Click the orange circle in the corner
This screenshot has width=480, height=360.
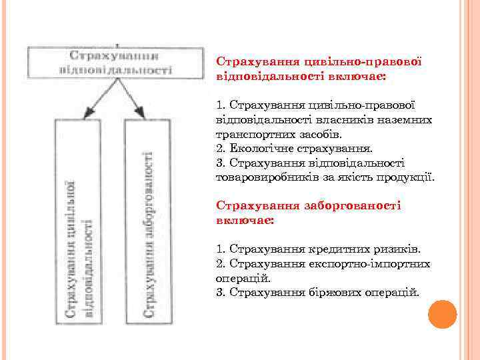(442, 314)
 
